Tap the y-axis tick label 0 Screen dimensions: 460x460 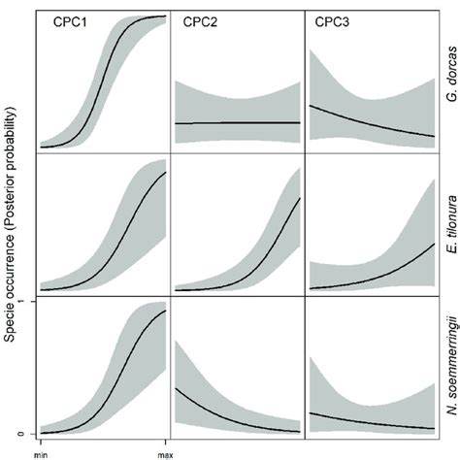(22, 433)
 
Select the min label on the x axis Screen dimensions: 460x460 (41, 451)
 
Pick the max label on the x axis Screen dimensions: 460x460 (165, 451)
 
